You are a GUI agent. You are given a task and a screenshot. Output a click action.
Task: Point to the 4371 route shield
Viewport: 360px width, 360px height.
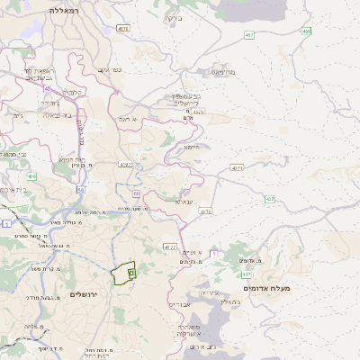click(237, 167)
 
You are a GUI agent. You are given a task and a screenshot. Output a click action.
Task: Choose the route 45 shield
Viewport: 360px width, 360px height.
click(46, 88)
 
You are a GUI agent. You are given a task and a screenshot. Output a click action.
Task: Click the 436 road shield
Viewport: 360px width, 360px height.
click(31, 176)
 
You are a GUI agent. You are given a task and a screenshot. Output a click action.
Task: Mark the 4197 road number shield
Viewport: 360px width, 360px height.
click(124, 165)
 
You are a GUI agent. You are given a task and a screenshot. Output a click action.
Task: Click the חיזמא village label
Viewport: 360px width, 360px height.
click(192, 146)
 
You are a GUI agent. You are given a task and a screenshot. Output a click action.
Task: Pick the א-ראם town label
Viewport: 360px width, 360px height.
click(126, 118)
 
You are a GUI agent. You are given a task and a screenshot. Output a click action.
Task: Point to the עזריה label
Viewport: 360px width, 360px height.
click(208, 292)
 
